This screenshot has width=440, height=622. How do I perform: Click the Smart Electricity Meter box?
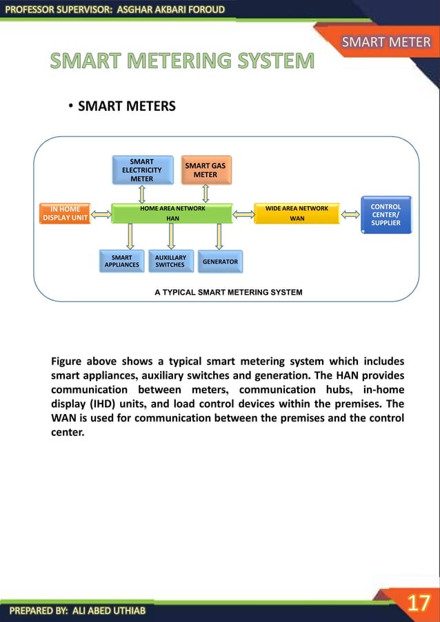click(x=142, y=170)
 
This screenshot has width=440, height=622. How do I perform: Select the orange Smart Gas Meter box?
click(x=205, y=170)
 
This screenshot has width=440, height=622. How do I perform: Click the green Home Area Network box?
click(x=172, y=213)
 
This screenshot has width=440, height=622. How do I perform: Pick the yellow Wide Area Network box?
click(x=297, y=213)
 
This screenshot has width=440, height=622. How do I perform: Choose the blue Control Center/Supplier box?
click(x=386, y=214)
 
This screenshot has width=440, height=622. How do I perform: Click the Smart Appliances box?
click(x=121, y=261)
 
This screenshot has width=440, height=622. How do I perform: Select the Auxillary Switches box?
click(x=170, y=261)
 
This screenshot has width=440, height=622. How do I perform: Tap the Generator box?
click(x=220, y=262)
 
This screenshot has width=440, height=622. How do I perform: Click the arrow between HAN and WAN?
click(x=243, y=214)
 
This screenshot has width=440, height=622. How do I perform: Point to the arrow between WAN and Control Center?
click(x=350, y=214)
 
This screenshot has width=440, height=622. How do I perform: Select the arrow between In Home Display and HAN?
click(x=101, y=214)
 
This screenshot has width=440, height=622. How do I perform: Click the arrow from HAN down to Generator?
click(x=219, y=236)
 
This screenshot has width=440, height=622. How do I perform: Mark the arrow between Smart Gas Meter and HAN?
click(x=205, y=194)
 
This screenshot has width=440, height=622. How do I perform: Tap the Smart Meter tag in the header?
click(x=386, y=43)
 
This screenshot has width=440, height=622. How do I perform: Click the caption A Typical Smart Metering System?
click(x=228, y=293)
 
